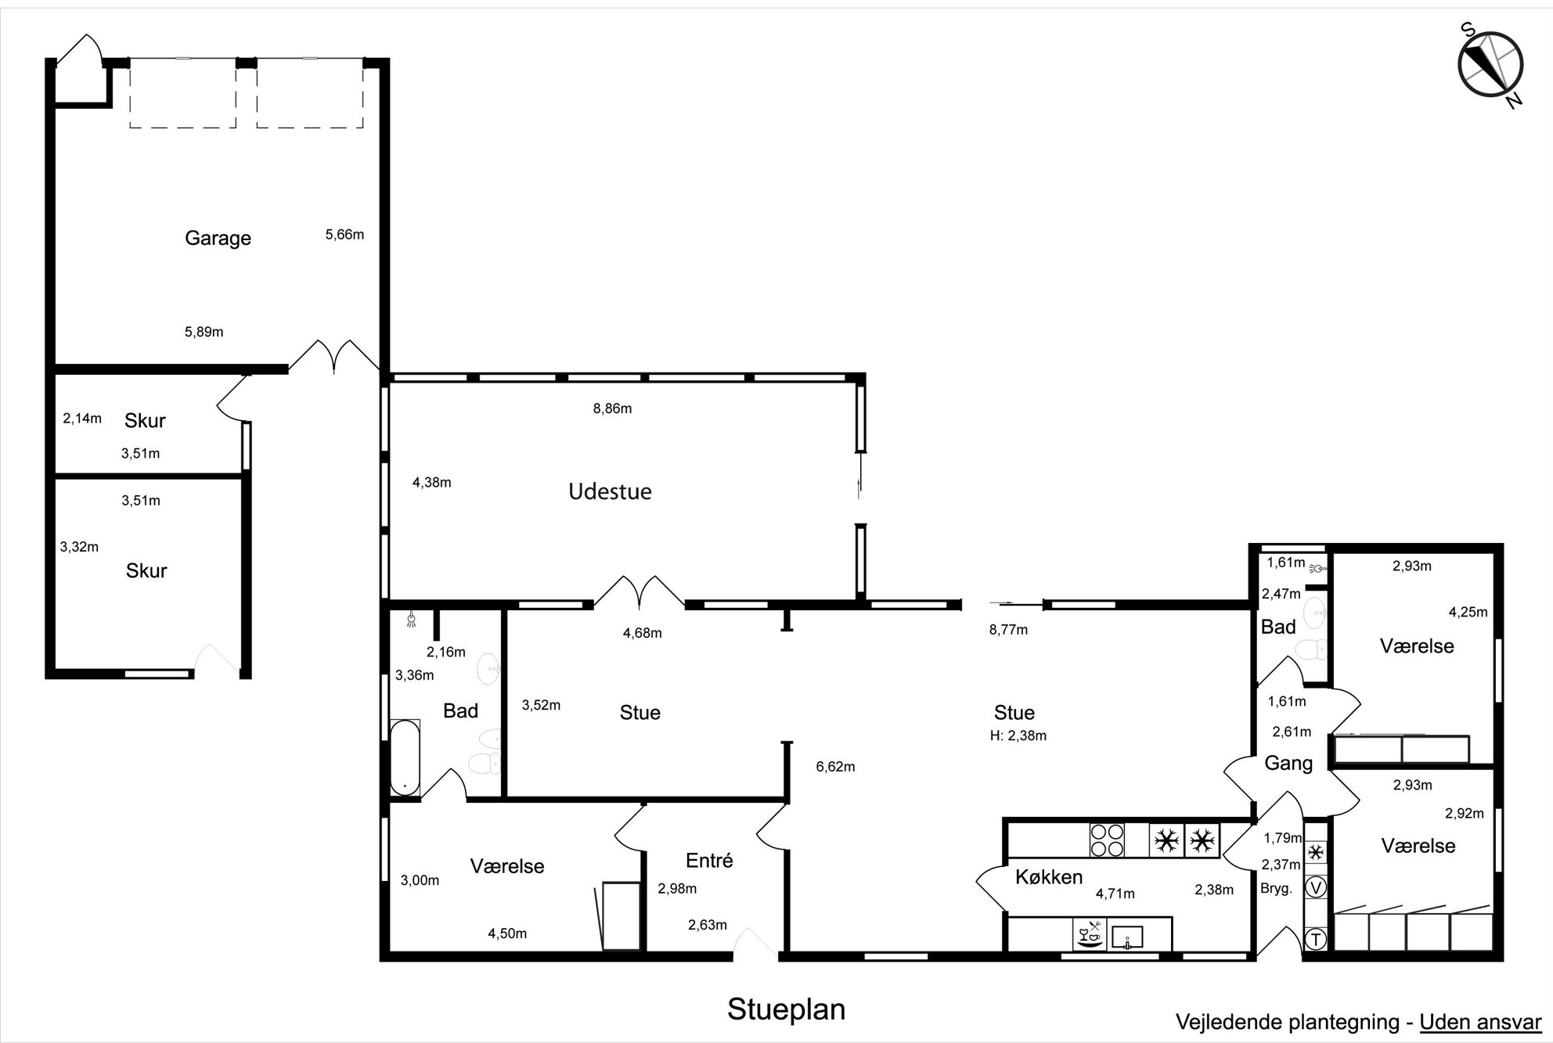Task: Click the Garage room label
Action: click(218, 238)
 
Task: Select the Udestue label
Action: click(610, 491)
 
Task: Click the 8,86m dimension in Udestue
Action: click(612, 408)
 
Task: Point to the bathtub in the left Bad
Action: click(405, 757)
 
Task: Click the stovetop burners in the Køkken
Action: click(1107, 840)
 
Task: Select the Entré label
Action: click(709, 861)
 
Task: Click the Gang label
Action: click(1288, 763)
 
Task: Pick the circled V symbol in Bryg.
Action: click(1317, 887)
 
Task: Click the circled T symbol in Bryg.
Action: click(1316, 939)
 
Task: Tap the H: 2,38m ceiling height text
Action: click(1018, 735)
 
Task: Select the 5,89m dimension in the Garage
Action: click(204, 332)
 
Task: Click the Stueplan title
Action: click(786, 1009)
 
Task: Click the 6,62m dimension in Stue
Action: click(835, 767)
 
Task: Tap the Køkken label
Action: click(1049, 877)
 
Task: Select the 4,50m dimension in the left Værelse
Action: click(507, 933)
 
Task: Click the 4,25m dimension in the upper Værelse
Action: click(1468, 613)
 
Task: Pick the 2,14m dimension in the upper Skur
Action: click(82, 419)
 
